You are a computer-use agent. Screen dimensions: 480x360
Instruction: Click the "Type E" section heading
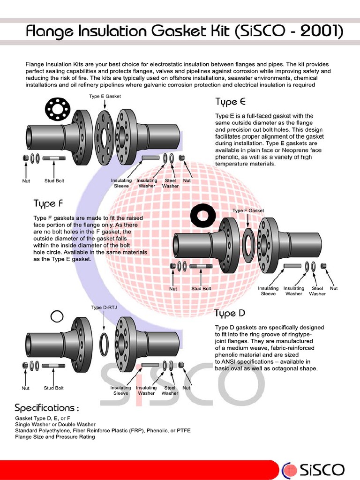coord(230,102)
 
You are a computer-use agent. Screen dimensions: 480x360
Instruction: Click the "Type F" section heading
coord(48,203)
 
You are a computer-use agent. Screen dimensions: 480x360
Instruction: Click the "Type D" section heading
coord(230,313)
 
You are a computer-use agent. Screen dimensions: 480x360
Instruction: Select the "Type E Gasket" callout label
coord(105,96)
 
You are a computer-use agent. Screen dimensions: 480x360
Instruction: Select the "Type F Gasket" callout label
coord(248,210)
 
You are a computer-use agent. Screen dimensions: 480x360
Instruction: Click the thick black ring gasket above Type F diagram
coord(203,216)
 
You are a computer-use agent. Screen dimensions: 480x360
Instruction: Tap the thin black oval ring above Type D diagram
coord(57,316)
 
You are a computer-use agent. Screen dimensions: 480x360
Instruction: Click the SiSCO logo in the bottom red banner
coord(314,470)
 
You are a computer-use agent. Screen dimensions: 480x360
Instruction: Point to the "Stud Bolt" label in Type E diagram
coord(54,180)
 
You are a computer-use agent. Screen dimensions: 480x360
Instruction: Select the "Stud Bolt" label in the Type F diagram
coord(201,289)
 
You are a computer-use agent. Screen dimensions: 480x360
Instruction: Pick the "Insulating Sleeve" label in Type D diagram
coord(120,390)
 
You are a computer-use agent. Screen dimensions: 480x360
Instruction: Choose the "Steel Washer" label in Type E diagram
coord(170,183)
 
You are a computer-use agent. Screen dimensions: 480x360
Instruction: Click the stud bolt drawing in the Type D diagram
coord(53,365)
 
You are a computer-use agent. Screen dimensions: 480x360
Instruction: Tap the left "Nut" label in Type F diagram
coord(173,289)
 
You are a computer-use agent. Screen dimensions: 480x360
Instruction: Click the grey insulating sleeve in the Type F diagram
coord(292,266)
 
